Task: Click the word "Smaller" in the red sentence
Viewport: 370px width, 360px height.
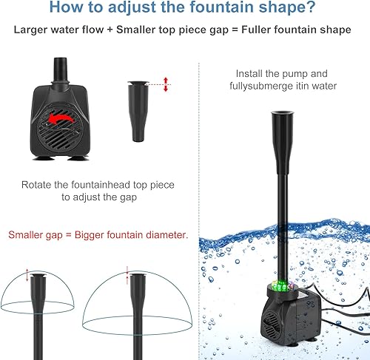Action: tap(30, 236)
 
